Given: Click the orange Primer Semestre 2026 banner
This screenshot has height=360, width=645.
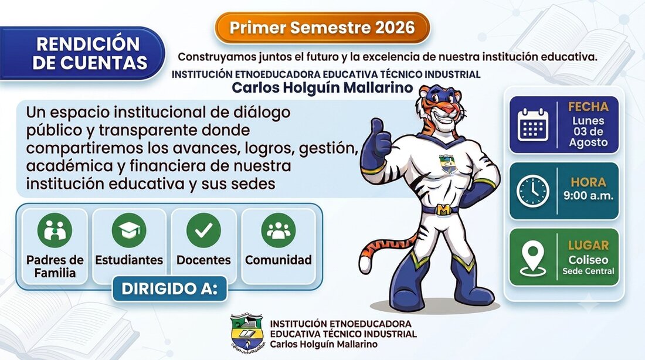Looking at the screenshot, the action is [x=322, y=28].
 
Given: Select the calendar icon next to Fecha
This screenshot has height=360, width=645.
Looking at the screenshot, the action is [x=532, y=125].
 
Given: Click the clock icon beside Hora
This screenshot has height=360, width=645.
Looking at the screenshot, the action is [x=532, y=191].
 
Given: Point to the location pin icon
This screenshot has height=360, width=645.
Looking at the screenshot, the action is [x=532, y=258].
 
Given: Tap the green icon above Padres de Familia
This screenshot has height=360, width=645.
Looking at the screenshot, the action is [x=55, y=230].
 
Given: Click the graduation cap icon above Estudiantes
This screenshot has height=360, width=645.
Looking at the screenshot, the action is [x=129, y=230].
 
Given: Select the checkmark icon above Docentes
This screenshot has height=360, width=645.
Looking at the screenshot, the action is [x=203, y=230].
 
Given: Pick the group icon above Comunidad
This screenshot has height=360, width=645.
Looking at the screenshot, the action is [x=279, y=230].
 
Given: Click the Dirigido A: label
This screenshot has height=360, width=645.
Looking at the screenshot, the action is [x=169, y=288].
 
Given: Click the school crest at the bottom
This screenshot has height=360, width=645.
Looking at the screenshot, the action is [x=246, y=331].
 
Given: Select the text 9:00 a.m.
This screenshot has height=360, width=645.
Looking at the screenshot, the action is [x=588, y=195].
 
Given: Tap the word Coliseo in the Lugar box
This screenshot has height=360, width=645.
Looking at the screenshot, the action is [x=588, y=260].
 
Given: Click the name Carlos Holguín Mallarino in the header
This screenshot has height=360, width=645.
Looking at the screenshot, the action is [x=322, y=87].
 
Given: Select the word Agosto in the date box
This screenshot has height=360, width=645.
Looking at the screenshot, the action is [x=588, y=142].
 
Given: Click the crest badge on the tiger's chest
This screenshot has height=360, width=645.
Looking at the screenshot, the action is [x=448, y=164].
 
